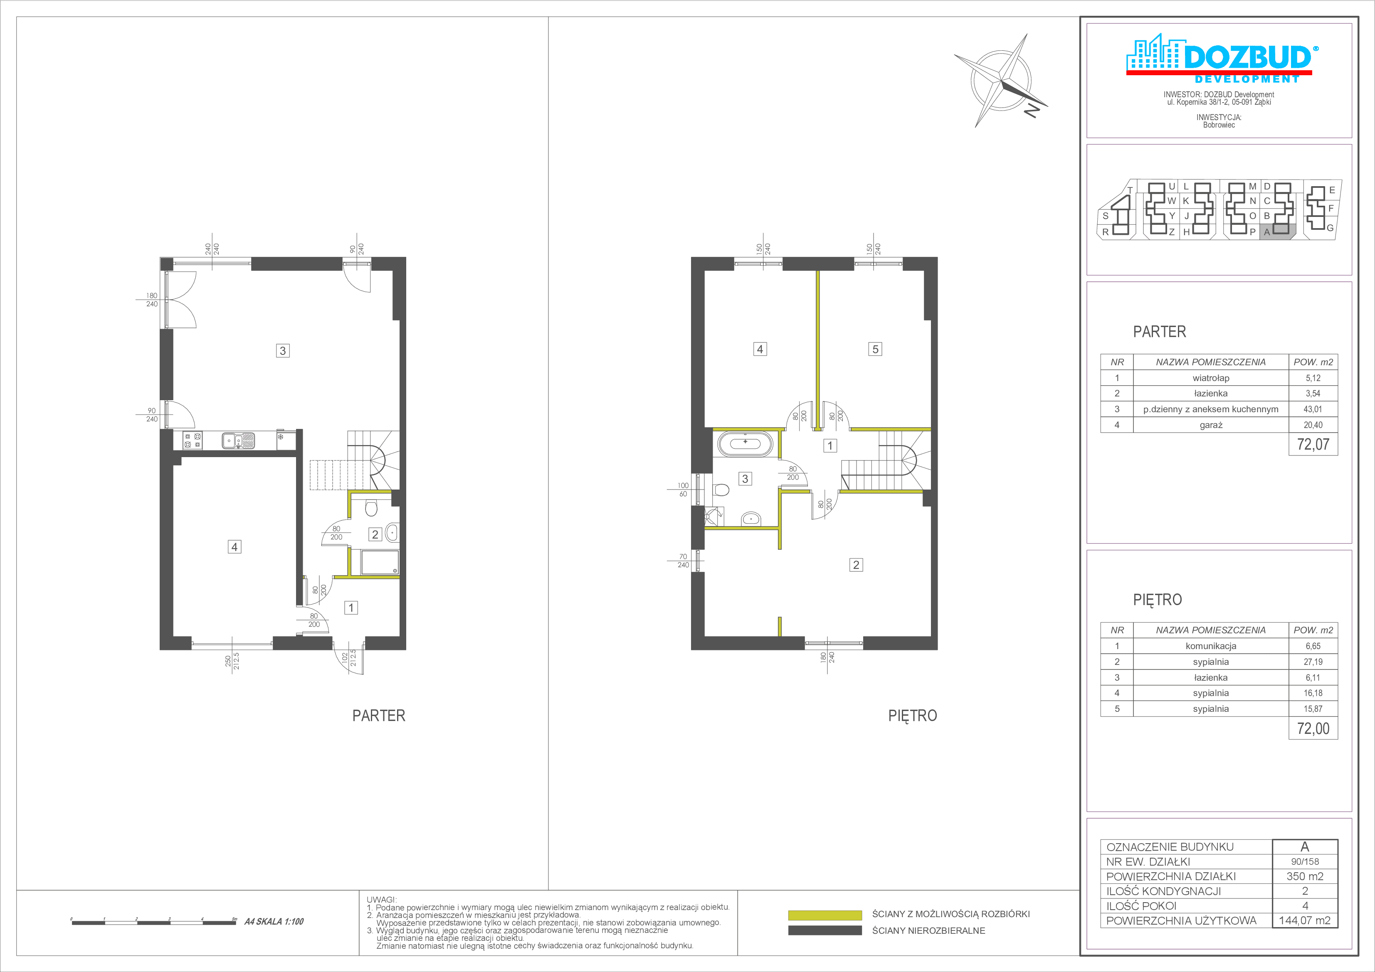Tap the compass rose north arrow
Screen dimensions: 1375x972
point(1001,80)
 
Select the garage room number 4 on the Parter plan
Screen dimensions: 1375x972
point(234,546)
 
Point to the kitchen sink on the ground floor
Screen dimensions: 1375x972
point(238,440)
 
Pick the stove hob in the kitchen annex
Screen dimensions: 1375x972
point(192,440)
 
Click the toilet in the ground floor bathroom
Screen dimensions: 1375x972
point(371,507)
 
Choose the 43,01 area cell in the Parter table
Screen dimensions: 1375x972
point(1313,409)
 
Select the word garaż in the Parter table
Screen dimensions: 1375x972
point(1211,425)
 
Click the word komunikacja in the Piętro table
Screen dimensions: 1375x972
point(1211,646)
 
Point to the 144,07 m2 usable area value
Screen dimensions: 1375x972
point(1305,920)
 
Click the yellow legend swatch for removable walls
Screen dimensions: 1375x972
point(825,915)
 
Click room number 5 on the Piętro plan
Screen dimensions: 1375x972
point(875,349)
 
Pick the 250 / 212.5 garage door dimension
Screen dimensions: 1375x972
point(232,661)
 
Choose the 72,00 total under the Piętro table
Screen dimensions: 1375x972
point(1313,729)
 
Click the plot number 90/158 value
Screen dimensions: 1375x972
point(1305,862)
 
